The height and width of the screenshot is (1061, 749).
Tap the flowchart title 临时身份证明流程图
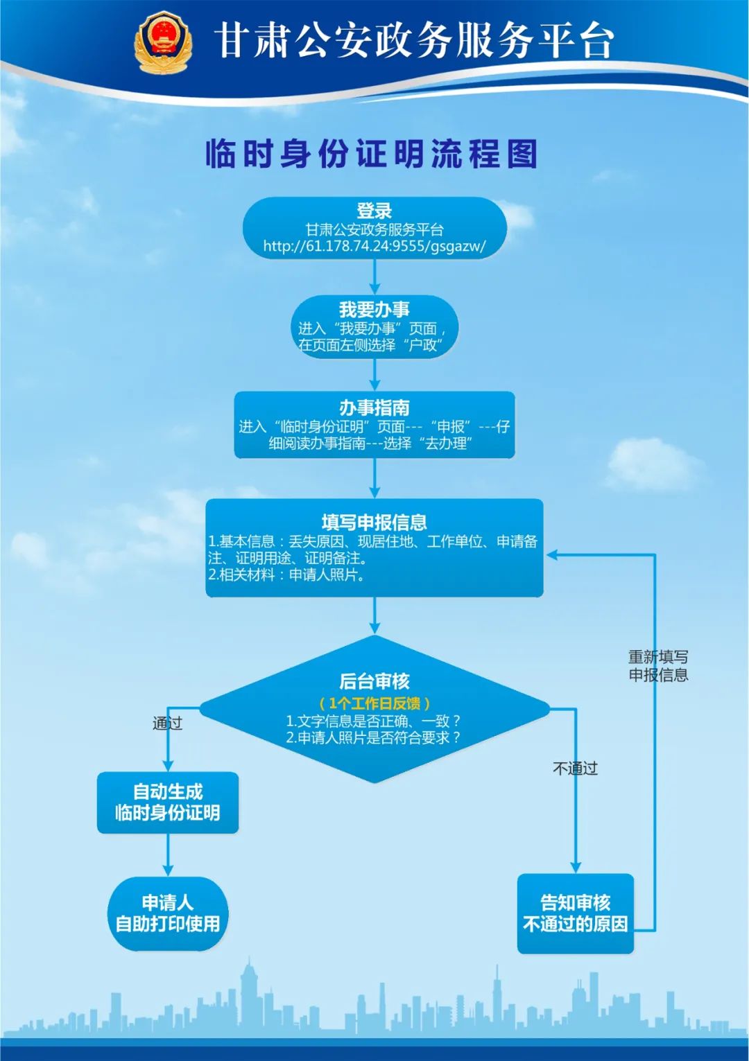point(372,154)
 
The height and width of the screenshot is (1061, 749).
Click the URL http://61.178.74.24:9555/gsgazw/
point(374,246)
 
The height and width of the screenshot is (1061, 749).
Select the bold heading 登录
point(374,211)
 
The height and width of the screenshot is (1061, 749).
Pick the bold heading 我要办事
point(374,310)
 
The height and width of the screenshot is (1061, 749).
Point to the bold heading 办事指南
point(374,407)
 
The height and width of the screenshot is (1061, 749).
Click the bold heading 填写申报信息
point(374,522)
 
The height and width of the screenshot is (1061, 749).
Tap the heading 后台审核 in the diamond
point(374,681)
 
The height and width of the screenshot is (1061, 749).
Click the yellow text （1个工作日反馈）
point(374,703)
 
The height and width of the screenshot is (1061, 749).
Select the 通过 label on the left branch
point(167,724)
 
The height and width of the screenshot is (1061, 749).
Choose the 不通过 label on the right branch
point(575,769)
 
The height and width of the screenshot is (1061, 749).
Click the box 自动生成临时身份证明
point(168,803)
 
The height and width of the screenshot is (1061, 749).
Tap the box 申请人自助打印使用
point(168,913)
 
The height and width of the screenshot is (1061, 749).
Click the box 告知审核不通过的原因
point(576,913)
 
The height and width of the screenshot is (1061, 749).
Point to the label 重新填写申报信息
point(658,666)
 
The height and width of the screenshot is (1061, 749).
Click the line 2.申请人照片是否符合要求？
point(373,738)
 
